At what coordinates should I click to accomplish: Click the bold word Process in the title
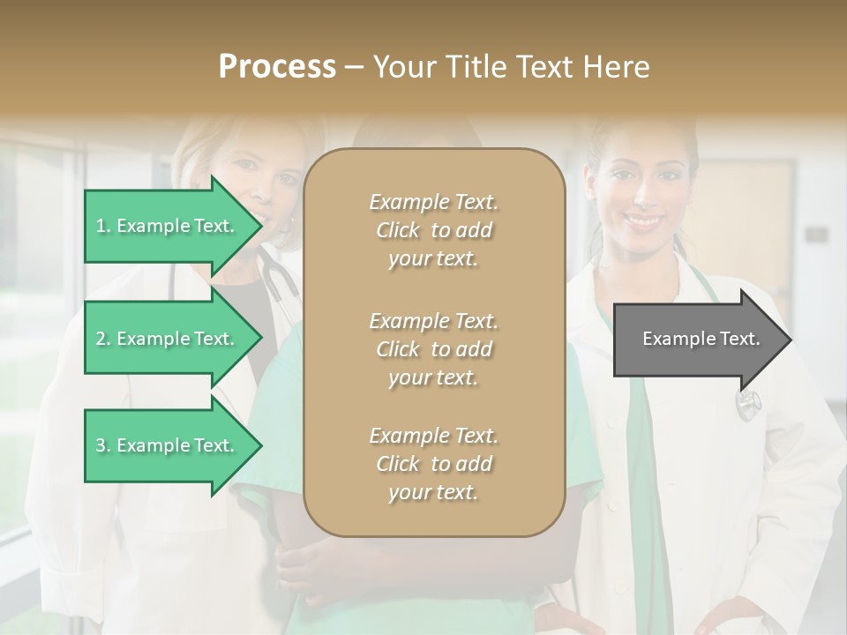tap(277, 67)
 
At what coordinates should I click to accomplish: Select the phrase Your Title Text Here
tap(512, 67)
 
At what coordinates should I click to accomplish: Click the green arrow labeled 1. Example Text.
tap(168, 226)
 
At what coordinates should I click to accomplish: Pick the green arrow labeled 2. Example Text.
tap(168, 339)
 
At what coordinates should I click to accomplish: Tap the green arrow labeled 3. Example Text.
tap(168, 445)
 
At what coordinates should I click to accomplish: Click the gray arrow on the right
tap(697, 340)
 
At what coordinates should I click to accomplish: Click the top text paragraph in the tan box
tap(434, 230)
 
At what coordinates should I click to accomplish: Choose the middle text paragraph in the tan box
tap(434, 349)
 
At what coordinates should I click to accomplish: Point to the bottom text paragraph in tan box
tap(434, 464)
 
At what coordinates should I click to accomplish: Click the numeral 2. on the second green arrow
tap(103, 339)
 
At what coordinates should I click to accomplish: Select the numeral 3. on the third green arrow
tap(103, 445)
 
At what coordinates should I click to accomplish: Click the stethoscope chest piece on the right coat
tap(748, 404)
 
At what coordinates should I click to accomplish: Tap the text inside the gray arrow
tap(701, 339)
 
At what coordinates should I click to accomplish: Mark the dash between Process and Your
tap(354, 67)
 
